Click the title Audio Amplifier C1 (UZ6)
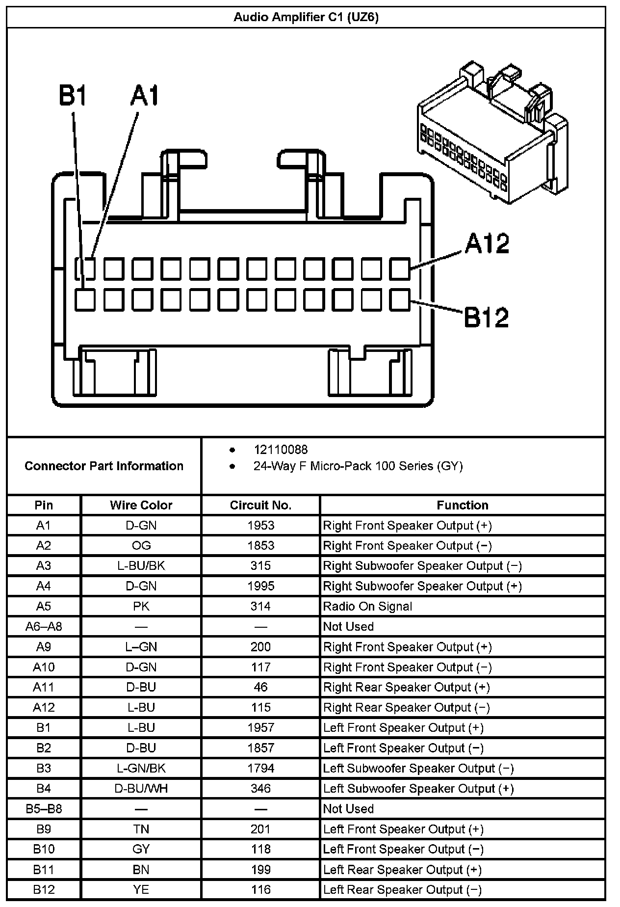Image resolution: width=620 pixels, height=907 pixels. click(x=306, y=18)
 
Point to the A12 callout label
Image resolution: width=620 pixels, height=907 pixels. click(x=487, y=243)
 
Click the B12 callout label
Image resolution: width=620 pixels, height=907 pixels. click(x=486, y=317)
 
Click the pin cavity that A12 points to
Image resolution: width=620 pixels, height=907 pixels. click(x=400, y=268)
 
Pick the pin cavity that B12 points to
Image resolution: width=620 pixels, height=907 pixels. click(x=400, y=299)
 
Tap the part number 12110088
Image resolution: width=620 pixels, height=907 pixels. click(x=281, y=450)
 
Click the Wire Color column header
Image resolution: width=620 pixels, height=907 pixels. click(x=141, y=505)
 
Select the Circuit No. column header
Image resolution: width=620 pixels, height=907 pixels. click(x=260, y=505)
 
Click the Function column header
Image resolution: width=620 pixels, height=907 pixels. click(x=462, y=505)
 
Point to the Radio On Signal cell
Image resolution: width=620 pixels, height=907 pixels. click(x=367, y=607)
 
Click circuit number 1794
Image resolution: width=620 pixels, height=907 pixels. click(x=260, y=768)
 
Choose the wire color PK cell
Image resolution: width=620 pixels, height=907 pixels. click(x=141, y=607)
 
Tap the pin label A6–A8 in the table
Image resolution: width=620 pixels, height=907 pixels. click(x=44, y=627)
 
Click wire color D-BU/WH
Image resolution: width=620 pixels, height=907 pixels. click(x=141, y=788)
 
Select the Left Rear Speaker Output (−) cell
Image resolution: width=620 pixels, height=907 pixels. click(x=402, y=889)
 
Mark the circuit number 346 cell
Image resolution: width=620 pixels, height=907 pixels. click(x=260, y=788)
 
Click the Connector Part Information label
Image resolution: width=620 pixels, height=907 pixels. click(x=104, y=466)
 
